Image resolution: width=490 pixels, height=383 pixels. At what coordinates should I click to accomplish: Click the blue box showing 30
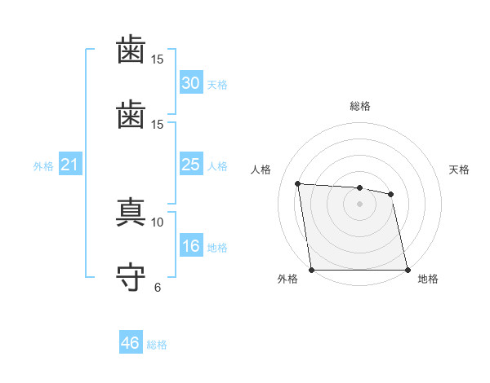pos(191,82)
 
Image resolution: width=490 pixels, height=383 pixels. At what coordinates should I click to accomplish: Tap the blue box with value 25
pos(191,164)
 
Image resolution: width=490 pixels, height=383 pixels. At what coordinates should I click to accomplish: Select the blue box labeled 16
pos(191,245)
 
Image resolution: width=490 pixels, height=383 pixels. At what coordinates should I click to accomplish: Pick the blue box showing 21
pos(70,164)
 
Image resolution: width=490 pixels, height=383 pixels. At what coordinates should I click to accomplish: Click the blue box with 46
pos(131,341)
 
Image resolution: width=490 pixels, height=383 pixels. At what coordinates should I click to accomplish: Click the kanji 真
pos(131,212)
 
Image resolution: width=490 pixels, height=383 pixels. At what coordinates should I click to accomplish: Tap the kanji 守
pos(131,276)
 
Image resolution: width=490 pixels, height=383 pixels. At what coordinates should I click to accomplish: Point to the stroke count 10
pos(157,222)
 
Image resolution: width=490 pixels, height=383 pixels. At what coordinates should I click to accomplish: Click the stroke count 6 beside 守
pos(158,288)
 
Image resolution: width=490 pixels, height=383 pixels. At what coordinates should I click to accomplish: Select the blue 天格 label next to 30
pos(217,85)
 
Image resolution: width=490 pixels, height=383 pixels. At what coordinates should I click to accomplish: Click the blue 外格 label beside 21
pos(43,166)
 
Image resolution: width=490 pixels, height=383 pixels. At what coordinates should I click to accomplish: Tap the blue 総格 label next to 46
pos(157,345)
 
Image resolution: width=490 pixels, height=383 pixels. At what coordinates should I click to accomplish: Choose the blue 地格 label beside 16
pos(217,248)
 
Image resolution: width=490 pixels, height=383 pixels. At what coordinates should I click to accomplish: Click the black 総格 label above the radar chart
pos(360,106)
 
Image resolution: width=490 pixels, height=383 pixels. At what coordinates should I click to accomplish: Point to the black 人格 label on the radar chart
pos(261,169)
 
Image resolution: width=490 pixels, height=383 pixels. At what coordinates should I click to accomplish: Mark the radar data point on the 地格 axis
pos(408,270)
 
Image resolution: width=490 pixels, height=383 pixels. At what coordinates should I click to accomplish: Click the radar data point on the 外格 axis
pos(312,270)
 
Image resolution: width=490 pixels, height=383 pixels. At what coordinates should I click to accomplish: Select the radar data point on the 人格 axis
pos(298,183)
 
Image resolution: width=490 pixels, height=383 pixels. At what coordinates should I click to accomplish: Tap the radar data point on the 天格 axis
pos(390,194)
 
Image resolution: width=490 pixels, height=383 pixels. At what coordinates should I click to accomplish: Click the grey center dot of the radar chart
pos(359,204)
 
